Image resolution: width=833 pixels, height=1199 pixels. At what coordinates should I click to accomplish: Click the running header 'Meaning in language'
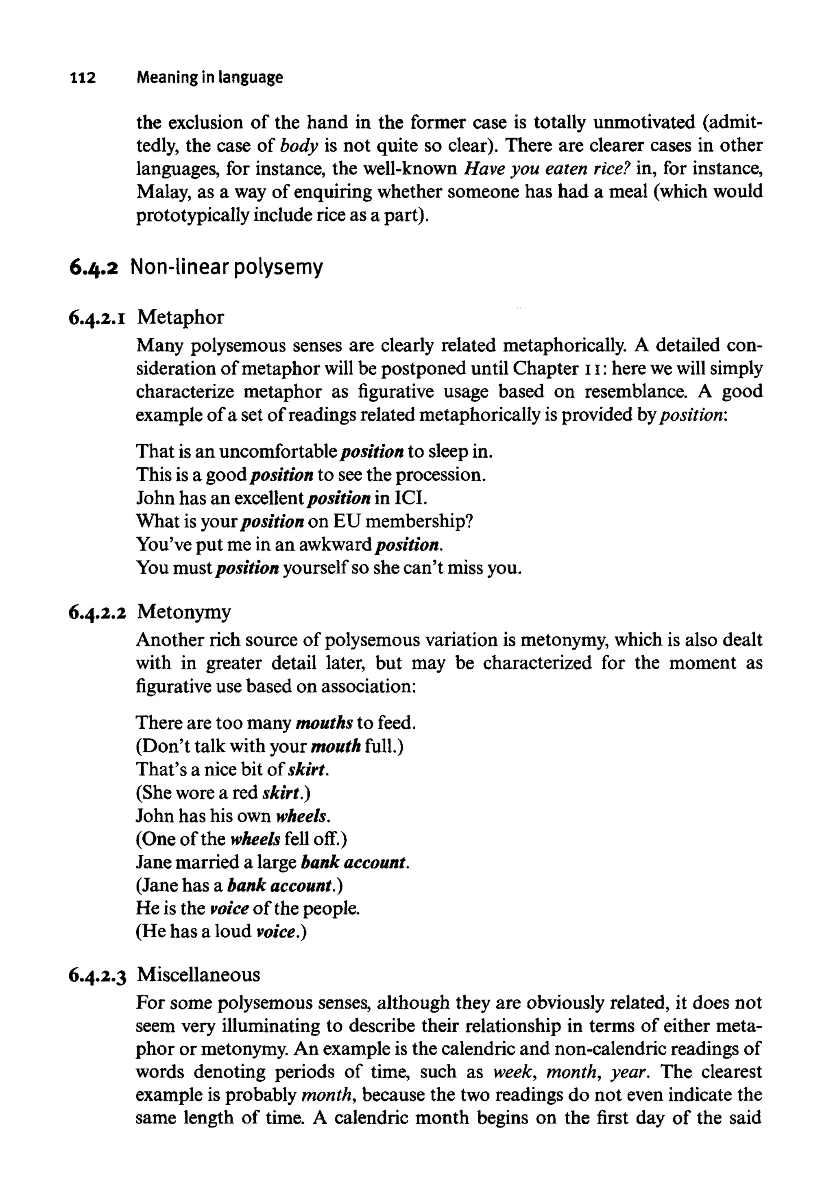(209, 78)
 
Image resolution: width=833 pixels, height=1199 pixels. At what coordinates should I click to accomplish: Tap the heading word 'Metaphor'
(181, 317)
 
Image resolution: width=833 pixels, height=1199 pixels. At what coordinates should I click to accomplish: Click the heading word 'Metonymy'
(184, 612)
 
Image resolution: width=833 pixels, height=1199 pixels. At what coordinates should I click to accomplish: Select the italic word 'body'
(299, 146)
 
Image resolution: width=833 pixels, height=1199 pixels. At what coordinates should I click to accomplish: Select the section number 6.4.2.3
(98, 975)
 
